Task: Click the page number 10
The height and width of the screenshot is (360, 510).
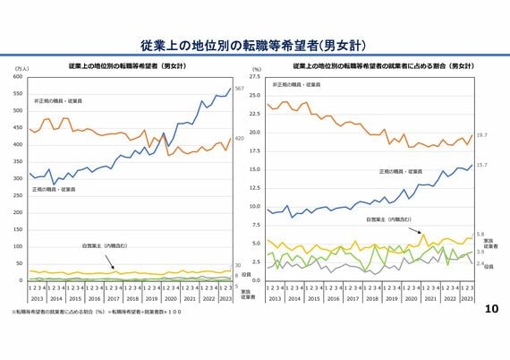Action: [x=490, y=308]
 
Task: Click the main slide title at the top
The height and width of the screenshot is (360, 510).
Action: [x=254, y=45]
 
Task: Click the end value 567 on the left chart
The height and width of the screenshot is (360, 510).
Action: [x=239, y=89]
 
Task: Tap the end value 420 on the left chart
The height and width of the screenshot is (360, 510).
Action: [x=239, y=139]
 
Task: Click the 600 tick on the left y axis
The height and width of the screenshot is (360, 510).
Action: [x=17, y=77]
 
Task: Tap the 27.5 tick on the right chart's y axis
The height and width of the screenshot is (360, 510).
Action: [x=255, y=77]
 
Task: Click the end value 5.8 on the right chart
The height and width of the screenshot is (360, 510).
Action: [x=480, y=234]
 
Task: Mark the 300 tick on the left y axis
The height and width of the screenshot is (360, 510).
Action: [x=17, y=178]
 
